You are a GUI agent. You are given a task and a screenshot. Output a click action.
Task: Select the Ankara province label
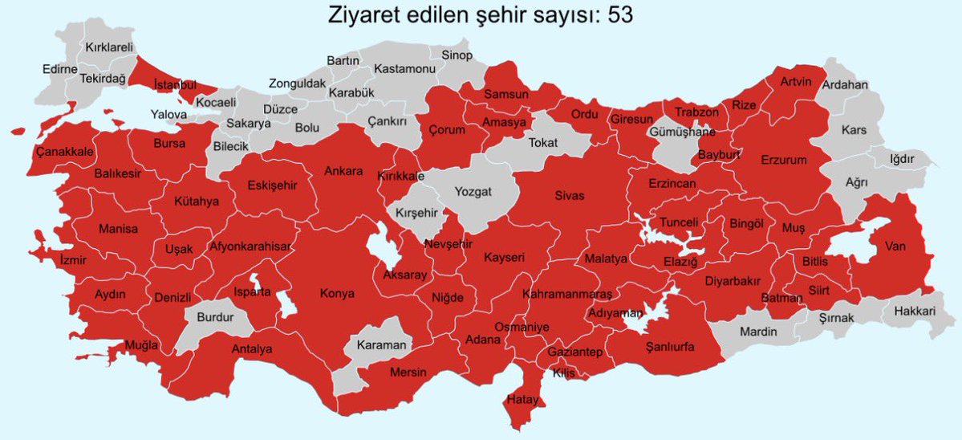coord(343,171)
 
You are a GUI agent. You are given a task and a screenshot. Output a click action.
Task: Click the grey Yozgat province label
coord(473,191)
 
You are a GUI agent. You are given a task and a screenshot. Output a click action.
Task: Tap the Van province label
coord(895,246)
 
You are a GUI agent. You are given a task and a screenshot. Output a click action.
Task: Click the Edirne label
coord(59,69)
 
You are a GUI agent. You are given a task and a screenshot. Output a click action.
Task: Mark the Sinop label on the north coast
coord(457,55)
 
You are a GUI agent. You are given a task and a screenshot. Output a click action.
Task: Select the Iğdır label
coord(902,158)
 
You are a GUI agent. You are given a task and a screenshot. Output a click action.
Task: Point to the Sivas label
coord(570,195)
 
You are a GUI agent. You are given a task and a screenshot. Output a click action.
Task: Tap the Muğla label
coord(141,345)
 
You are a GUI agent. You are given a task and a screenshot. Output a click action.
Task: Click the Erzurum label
coord(784,160)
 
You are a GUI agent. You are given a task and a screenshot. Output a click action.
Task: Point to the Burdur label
coord(214,317)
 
